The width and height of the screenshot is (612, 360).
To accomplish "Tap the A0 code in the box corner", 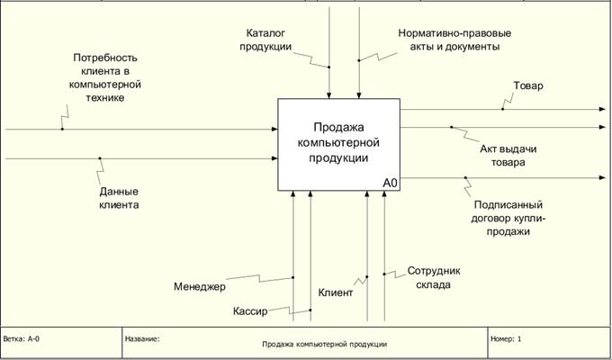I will (x=390, y=183).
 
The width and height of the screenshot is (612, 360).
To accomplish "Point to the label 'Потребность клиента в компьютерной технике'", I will (x=107, y=78).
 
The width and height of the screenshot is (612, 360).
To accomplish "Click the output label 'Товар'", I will (x=528, y=85).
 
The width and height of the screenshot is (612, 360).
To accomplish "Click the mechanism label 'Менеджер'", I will (x=200, y=287).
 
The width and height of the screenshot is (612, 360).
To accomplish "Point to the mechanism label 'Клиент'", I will (x=336, y=292).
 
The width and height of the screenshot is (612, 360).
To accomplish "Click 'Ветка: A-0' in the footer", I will (x=22, y=339).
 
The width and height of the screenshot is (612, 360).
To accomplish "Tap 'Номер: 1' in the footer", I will (x=506, y=339).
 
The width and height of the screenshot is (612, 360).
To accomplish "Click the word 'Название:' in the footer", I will (x=142, y=339).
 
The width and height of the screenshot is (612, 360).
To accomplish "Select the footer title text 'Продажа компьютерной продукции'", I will (x=324, y=344).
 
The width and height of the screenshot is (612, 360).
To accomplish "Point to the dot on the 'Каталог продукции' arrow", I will (x=329, y=67).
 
